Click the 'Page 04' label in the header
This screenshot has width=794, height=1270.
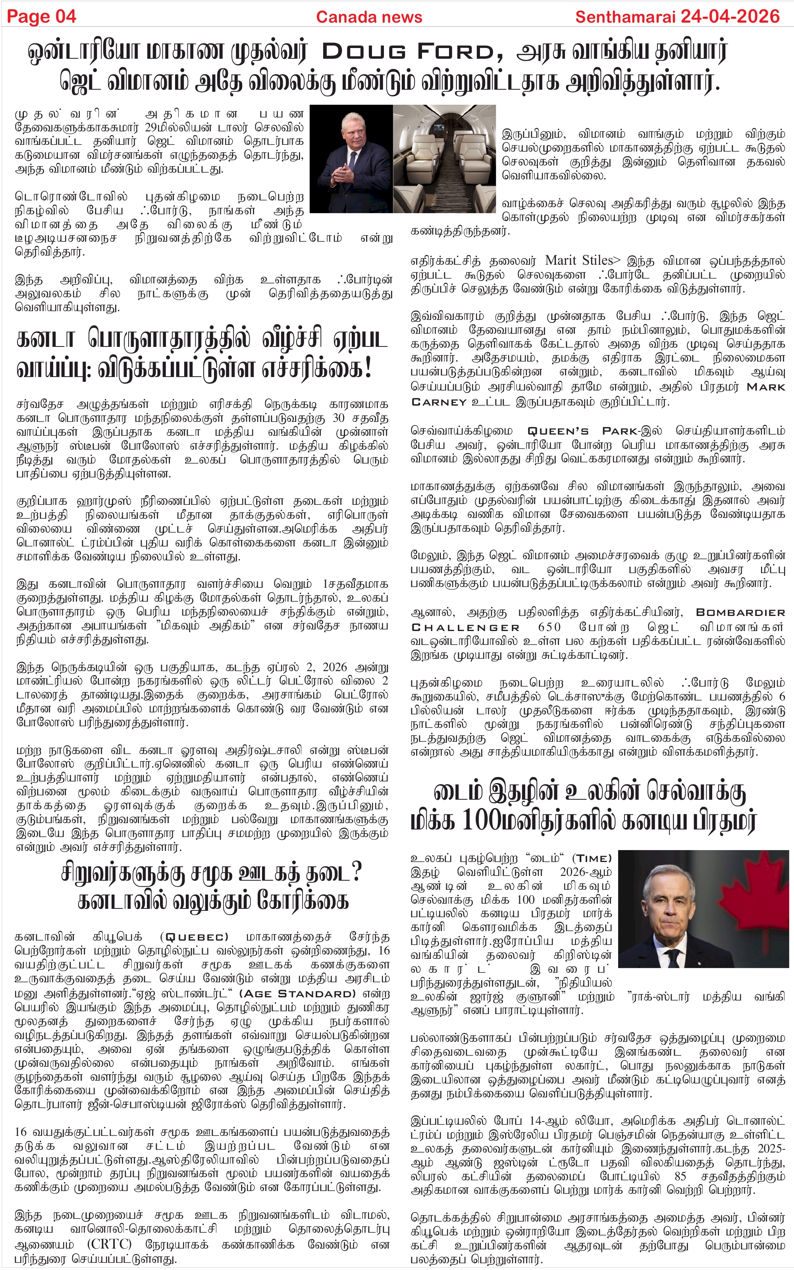(x=41, y=17)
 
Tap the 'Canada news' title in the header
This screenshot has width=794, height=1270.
(x=369, y=17)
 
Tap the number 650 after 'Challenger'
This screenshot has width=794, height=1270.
(x=549, y=627)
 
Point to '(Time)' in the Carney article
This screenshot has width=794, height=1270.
(x=592, y=858)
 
